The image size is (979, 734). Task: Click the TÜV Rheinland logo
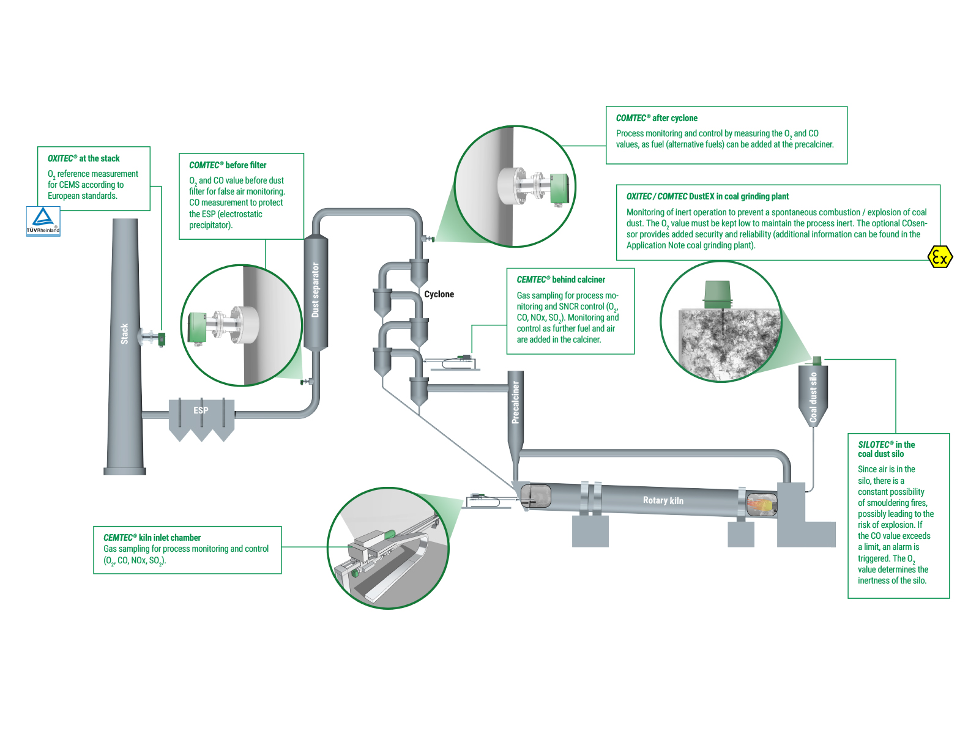click(x=43, y=221)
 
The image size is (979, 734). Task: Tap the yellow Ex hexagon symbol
click(x=940, y=257)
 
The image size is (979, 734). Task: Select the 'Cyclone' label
click(x=439, y=294)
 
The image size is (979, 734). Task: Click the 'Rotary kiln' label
click(x=663, y=500)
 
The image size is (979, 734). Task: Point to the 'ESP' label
click(x=201, y=410)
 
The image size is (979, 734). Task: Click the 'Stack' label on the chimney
click(x=125, y=333)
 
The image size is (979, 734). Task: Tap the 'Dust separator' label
click(x=316, y=290)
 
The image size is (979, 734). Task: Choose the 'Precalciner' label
click(x=515, y=402)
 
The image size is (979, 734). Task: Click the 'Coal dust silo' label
click(x=813, y=398)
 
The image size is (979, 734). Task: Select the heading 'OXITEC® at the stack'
click(x=84, y=158)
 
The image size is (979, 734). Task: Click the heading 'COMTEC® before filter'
click(x=228, y=165)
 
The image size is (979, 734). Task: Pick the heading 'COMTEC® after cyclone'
click(x=657, y=118)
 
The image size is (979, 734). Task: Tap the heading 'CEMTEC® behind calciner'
click(x=560, y=280)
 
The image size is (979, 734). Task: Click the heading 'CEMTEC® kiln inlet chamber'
click(x=152, y=538)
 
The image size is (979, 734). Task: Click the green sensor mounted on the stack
click(x=162, y=338)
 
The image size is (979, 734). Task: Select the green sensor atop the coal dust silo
click(x=816, y=360)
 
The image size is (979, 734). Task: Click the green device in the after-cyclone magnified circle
click(x=560, y=188)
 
